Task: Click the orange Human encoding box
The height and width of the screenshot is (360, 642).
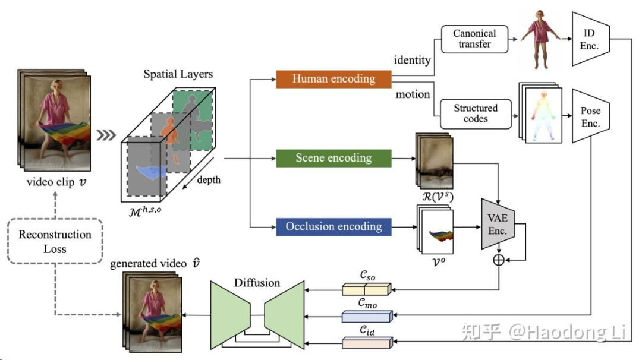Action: tap(333, 79)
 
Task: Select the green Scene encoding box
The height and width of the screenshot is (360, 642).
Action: tap(333, 159)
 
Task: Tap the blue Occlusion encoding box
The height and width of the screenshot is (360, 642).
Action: tap(333, 227)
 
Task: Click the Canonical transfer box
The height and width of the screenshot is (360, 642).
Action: tap(475, 39)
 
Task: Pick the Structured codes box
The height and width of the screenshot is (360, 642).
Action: tap(476, 113)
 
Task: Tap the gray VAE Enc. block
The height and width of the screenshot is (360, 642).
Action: tap(498, 224)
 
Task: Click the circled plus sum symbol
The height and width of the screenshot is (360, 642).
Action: tap(498, 259)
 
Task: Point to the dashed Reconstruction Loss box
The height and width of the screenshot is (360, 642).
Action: tap(55, 240)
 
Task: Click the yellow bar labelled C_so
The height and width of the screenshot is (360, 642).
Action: tap(366, 289)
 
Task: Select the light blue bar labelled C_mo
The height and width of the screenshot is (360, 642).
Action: tap(366, 316)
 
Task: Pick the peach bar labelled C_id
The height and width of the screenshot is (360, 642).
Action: tap(366, 342)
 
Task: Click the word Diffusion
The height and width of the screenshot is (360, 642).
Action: tap(257, 282)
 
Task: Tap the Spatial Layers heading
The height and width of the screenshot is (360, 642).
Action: tap(178, 75)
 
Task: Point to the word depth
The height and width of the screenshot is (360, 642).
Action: tap(208, 179)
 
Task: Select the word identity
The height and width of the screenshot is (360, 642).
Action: tap(412, 60)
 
